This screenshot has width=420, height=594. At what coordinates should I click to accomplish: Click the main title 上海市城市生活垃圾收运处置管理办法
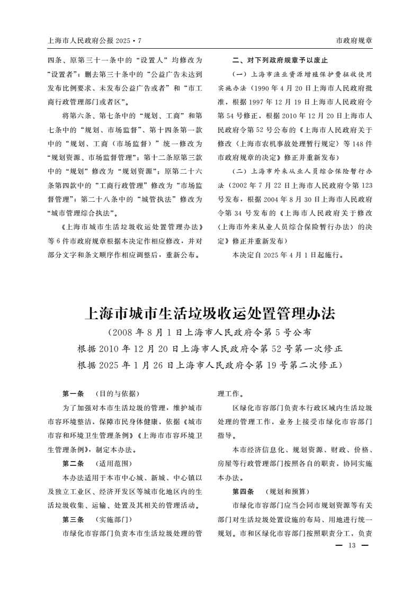click(x=210, y=313)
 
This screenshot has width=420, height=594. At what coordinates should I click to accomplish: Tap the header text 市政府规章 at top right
click(x=354, y=40)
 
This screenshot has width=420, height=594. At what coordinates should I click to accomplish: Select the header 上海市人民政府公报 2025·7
click(x=95, y=40)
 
